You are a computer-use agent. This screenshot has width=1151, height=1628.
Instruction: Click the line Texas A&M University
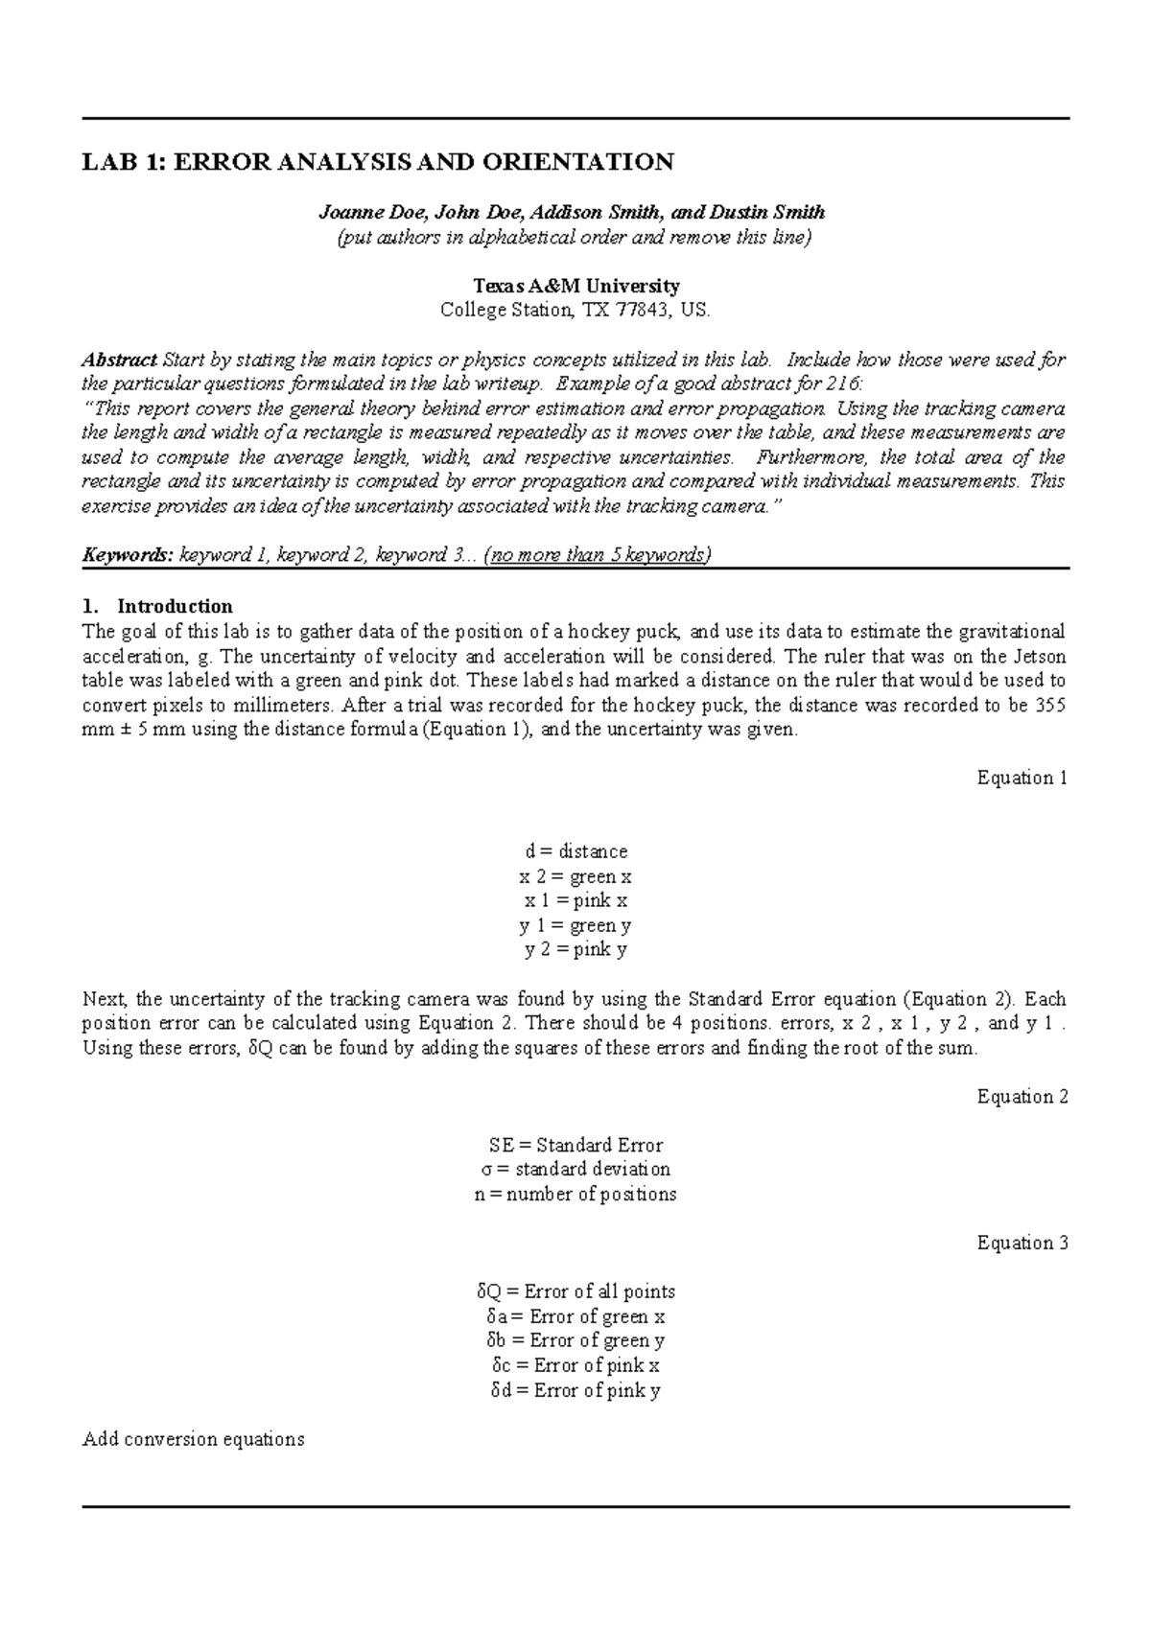[x=575, y=286]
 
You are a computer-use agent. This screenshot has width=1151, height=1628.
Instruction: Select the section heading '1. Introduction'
[x=157, y=607]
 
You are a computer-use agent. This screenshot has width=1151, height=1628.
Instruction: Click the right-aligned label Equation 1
[x=1022, y=778]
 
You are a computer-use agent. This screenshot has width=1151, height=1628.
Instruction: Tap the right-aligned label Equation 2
[x=1022, y=1097]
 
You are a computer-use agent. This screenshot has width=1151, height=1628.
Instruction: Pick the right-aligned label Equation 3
[x=1022, y=1244]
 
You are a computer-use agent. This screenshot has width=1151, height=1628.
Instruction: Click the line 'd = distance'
[x=575, y=851]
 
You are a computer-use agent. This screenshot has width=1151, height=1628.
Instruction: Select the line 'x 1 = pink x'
[x=575, y=900]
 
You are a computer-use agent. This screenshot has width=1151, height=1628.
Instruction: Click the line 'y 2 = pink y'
[x=575, y=950]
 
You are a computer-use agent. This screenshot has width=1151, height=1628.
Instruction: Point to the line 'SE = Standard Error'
[x=575, y=1145]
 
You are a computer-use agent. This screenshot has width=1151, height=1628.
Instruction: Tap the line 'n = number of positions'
[x=575, y=1195]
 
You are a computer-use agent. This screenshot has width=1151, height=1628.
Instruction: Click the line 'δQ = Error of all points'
[x=575, y=1291]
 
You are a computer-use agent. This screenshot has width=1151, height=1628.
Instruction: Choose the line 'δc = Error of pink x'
[x=575, y=1365]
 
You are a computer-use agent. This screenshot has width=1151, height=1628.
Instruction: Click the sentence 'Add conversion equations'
[x=194, y=1439]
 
